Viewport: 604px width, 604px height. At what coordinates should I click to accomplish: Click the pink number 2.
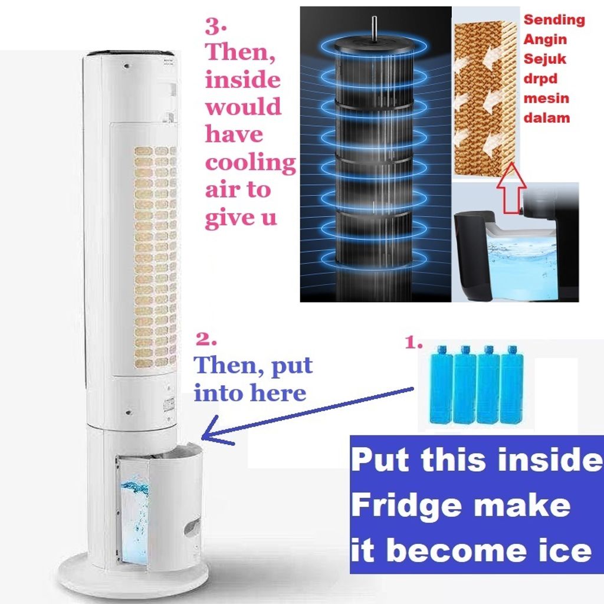click(x=206, y=339)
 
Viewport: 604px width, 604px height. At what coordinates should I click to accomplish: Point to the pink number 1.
click(x=413, y=342)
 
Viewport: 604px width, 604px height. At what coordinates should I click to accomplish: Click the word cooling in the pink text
click(x=250, y=163)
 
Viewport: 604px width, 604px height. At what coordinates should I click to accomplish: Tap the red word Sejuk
click(x=544, y=59)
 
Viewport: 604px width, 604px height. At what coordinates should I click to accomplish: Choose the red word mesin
click(x=546, y=99)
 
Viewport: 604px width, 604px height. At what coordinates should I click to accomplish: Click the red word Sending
click(x=554, y=19)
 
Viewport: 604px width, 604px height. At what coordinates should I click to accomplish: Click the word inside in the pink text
click(x=242, y=80)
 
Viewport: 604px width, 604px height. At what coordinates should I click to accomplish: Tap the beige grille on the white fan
click(x=155, y=257)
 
